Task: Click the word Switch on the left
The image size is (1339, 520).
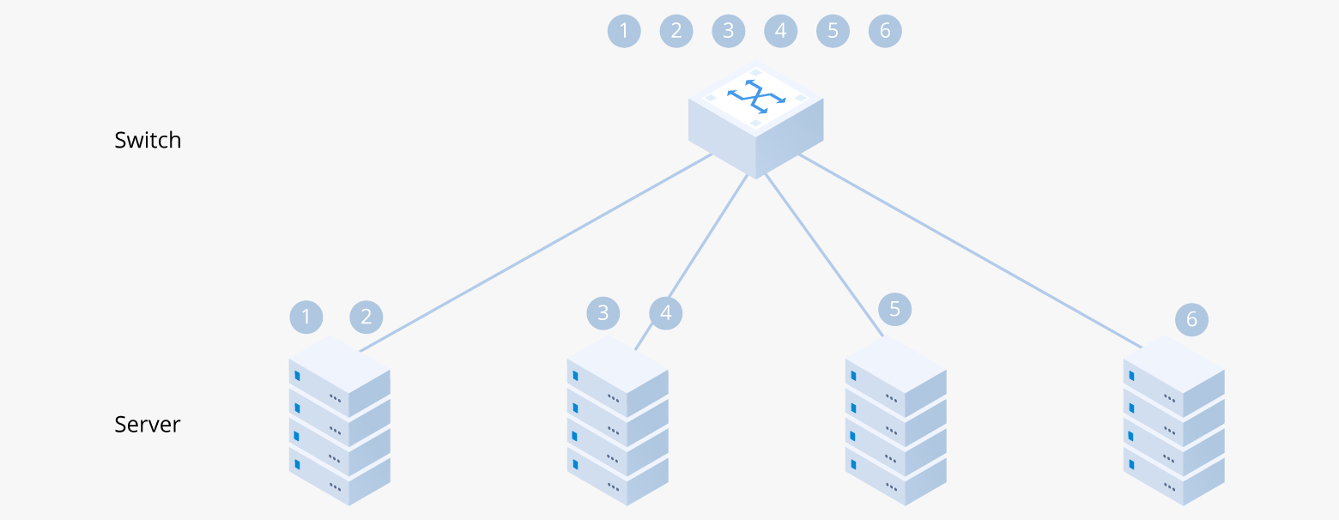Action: click(x=148, y=140)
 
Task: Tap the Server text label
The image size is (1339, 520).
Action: click(x=148, y=424)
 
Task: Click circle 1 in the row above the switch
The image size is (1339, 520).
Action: click(x=624, y=32)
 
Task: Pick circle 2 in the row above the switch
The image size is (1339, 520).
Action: click(x=676, y=32)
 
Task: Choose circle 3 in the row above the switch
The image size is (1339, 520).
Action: click(x=729, y=32)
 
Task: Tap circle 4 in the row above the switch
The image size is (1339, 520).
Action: click(x=780, y=32)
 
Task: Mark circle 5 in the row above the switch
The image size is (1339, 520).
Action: click(x=833, y=32)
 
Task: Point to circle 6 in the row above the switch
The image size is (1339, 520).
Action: click(x=885, y=32)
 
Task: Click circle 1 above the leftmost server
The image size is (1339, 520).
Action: click(x=306, y=317)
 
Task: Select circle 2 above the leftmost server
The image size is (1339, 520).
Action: click(x=367, y=317)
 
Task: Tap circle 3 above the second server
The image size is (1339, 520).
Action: click(x=603, y=312)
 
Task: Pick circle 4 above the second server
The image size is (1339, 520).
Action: click(x=666, y=312)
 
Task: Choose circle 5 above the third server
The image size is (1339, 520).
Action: click(x=895, y=308)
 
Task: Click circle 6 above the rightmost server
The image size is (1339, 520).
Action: click(x=1191, y=320)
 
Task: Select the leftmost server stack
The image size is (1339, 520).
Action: click(x=339, y=420)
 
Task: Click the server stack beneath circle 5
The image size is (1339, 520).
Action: click(x=895, y=420)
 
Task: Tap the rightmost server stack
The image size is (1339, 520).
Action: click(x=1173, y=420)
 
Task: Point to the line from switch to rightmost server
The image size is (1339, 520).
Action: click(x=970, y=251)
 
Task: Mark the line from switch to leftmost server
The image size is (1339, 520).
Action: click(x=536, y=252)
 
